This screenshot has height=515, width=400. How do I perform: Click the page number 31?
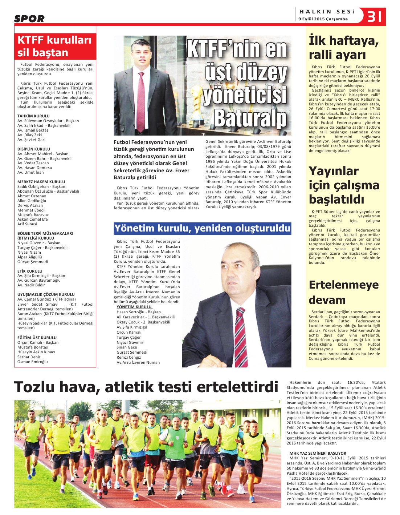click(374, 16)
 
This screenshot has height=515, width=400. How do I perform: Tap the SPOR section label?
click(29, 19)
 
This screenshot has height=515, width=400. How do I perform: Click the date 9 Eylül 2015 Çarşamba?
click(323, 19)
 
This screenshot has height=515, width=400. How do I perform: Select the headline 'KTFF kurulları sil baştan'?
click(54, 46)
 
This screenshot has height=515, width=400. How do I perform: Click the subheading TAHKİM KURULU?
click(33, 116)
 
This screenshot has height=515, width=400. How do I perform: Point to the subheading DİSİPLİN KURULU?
click(34, 149)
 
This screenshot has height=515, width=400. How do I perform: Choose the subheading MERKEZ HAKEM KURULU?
click(41, 182)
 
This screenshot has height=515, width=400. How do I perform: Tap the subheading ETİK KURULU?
click(30, 271)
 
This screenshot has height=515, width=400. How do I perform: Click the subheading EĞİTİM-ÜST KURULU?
click(37, 338)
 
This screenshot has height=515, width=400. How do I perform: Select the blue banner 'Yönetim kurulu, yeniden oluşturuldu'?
click(202, 228)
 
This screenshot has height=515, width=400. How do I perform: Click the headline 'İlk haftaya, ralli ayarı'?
click(343, 48)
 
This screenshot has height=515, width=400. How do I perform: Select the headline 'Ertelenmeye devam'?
click(343, 292)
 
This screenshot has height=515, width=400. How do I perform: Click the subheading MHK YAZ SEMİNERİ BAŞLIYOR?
click(318, 453)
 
